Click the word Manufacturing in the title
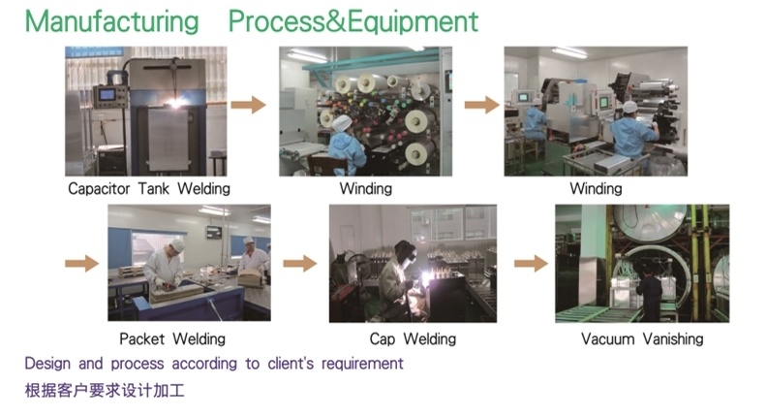click(111, 22)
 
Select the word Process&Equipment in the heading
click(353, 22)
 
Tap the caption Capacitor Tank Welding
click(149, 189)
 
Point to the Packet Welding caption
click(172, 338)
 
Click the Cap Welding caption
click(413, 338)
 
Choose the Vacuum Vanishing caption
click(642, 338)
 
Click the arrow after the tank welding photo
click(249, 105)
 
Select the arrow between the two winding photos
click(482, 105)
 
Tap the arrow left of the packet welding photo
click(82, 263)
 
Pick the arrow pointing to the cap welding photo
click(300, 263)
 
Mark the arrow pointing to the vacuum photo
click(531, 263)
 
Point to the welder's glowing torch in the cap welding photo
click(426, 278)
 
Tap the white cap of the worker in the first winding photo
click(343, 123)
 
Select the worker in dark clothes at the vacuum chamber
click(650, 293)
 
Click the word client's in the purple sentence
click(291, 363)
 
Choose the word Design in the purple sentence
click(48, 364)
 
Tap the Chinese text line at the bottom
click(105, 391)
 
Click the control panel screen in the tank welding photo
click(107, 95)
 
